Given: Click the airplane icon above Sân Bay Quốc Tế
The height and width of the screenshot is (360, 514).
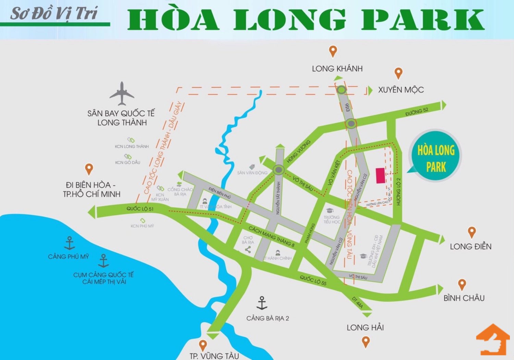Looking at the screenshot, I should [x=122, y=94].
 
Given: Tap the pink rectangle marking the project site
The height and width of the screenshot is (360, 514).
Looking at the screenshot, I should [x=380, y=176].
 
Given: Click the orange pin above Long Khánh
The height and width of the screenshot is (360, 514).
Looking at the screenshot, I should [x=333, y=52].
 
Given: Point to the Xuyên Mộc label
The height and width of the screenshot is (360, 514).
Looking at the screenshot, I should [x=401, y=90].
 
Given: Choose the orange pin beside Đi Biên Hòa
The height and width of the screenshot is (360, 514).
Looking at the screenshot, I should [x=89, y=169].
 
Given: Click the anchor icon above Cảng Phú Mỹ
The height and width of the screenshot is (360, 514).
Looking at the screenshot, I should [x=70, y=243].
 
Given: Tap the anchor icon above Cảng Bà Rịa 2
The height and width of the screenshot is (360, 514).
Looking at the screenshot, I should [x=262, y=303].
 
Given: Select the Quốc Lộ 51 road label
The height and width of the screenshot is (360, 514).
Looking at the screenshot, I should [x=140, y=209].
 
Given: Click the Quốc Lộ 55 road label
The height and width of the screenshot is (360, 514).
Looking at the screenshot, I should [x=313, y=280].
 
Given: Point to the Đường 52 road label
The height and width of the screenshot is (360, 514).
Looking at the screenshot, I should [x=417, y=111].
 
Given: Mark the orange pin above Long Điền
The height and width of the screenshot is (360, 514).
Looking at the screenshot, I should [x=472, y=232].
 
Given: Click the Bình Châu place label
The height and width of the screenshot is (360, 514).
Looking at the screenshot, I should [x=464, y=298].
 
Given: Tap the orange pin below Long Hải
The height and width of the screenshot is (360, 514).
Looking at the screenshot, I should [x=366, y=341].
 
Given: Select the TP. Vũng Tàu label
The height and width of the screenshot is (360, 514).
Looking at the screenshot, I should [x=214, y=356].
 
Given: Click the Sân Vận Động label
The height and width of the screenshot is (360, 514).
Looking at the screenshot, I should [x=252, y=173].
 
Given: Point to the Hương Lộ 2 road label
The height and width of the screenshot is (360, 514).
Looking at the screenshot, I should [x=398, y=192].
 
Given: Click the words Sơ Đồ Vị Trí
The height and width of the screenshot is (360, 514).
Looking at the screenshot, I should [x=54, y=14].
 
